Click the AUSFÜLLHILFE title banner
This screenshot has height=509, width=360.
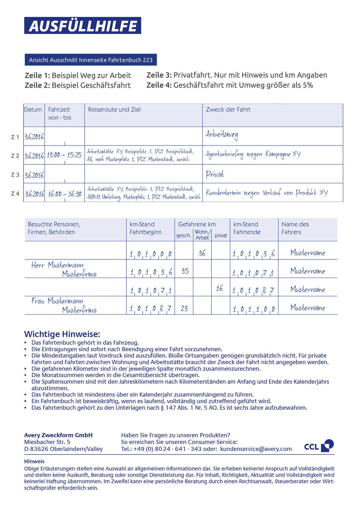[x=82, y=26]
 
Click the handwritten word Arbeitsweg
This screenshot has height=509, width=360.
[x=222, y=135]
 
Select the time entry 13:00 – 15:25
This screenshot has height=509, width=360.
[x=64, y=155]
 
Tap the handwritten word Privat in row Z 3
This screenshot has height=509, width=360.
[x=215, y=174]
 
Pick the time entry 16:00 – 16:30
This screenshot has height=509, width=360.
[x=65, y=194]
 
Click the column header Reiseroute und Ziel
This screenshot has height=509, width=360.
[x=114, y=110]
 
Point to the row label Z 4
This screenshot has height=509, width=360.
[x=15, y=194]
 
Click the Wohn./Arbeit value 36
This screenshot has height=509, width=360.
[x=202, y=253]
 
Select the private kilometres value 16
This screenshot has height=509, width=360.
[x=219, y=288]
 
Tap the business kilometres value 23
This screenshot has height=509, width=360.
[x=184, y=308]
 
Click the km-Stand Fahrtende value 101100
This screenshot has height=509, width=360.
[x=253, y=309]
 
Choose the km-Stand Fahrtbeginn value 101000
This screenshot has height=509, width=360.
[x=151, y=254]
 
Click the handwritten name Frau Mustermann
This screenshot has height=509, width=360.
[x=57, y=301]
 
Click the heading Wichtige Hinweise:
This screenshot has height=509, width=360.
[x=62, y=334]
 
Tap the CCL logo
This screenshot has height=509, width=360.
[x=319, y=446]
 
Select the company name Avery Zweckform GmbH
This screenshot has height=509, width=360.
[x=58, y=435]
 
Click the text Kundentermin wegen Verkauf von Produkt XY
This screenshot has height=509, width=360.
[x=266, y=193]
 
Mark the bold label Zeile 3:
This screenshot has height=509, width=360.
[x=159, y=75]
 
